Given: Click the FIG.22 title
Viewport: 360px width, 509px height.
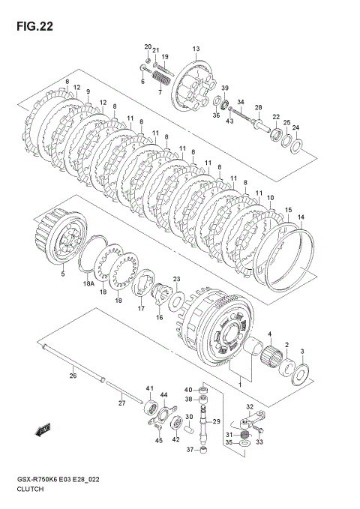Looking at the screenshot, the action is pos(34,26).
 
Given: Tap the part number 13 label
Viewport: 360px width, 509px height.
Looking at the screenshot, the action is pos(196,49).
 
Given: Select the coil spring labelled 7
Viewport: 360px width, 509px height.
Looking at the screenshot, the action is pos(160,79).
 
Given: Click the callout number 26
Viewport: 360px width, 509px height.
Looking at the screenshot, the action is pos(73,376).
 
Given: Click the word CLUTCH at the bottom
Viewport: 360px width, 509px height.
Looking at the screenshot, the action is pos(30,489).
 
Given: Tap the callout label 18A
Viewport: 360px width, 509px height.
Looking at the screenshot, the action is pos(88,284).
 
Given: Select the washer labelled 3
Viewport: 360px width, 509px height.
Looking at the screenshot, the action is pos(300,375).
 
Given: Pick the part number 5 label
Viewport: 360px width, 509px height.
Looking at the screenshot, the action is pos(63,274).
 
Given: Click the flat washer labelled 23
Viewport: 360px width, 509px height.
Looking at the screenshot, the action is pos(176,301).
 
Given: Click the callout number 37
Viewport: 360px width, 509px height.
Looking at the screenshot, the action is pos(190,450).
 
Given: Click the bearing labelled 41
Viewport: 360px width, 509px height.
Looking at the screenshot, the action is pos(151,408).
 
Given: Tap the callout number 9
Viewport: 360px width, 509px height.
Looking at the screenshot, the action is pos(88,91).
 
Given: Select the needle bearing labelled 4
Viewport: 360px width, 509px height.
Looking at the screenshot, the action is pos(271,358).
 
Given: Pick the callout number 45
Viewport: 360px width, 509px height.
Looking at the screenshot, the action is pos(158,440).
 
